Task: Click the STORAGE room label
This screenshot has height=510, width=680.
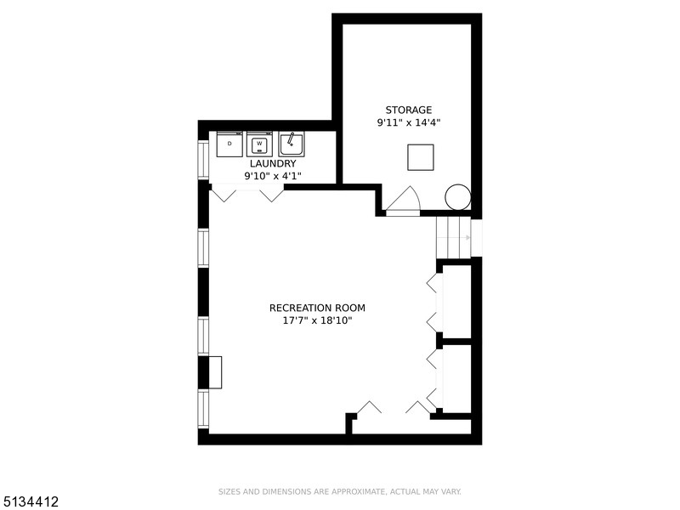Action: [x=409, y=110]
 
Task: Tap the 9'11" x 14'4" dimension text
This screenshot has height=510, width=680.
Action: [x=409, y=122]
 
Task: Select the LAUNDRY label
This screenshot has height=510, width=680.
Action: [x=273, y=163]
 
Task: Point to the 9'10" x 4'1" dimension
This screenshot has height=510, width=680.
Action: [x=273, y=176]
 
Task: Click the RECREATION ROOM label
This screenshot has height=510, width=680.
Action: [x=317, y=308]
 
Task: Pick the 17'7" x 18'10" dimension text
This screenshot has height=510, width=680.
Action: [x=317, y=320]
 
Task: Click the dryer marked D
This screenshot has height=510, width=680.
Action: [x=229, y=144]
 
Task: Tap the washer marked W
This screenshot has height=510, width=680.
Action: [x=259, y=144]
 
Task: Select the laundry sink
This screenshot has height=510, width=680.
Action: [x=292, y=144]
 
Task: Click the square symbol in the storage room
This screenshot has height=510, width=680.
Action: [x=421, y=157]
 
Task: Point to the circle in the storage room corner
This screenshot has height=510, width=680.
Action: [x=458, y=197]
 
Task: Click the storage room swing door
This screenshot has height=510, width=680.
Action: [x=403, y=201]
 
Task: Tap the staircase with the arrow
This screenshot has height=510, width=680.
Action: [x=453, y=238]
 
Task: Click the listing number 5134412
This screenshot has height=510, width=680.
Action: [x=29, y=502]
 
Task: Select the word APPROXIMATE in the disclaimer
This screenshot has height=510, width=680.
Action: [x=358, y=492]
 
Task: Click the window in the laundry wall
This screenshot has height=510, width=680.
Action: [x=203, y=159]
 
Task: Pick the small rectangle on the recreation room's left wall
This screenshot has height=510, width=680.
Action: [x=215, y=372]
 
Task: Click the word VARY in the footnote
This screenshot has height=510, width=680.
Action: [x=451, y=492]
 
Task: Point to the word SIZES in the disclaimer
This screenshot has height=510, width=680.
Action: [x=229, y=492]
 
